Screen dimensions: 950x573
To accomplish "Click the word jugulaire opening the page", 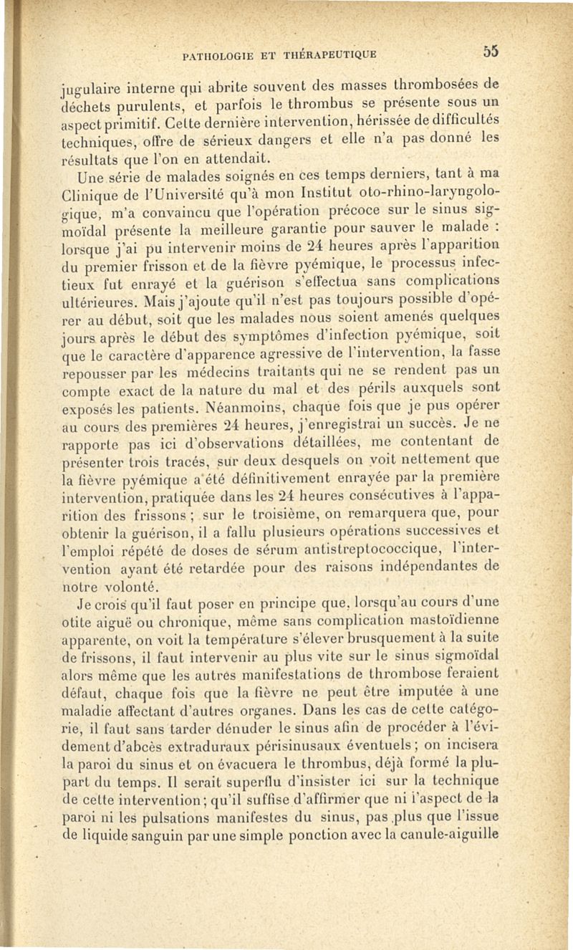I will [84, 90].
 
